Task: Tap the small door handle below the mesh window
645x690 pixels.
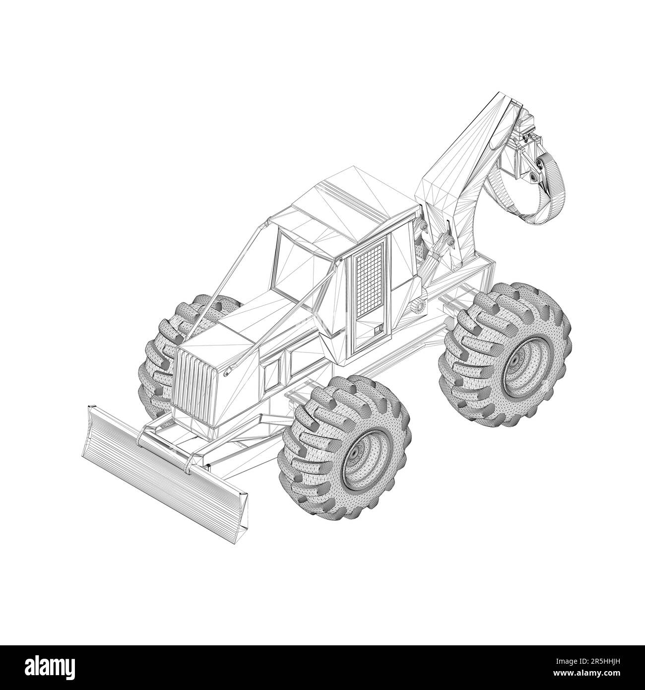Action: (378, 329)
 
